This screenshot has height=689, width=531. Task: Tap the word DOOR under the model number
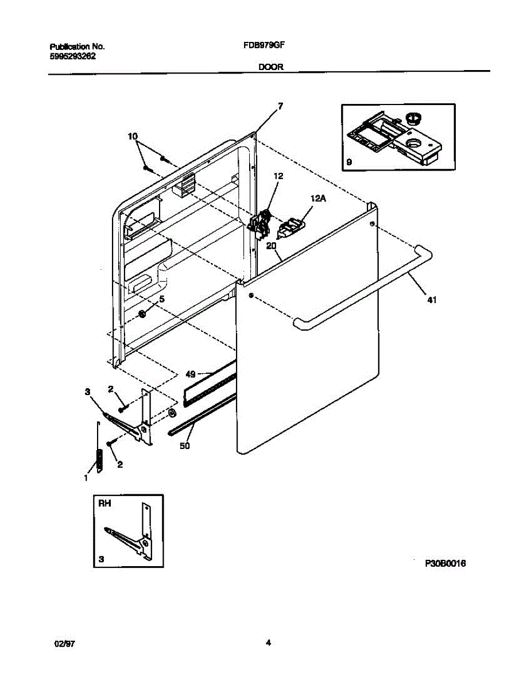[x=270, y=67]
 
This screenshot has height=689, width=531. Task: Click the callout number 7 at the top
[x=280, y=106]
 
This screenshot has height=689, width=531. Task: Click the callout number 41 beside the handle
[x=431, y=299]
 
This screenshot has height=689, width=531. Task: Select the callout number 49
[x=191, y=374]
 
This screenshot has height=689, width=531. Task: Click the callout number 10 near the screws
[x=133, y=136]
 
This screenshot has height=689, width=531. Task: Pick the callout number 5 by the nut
[x=162, y=299]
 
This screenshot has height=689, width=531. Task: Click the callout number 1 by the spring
[x=86, y=477]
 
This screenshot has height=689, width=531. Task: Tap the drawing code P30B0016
[x=445, y=563]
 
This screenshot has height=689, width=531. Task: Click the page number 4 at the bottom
[x=268, y=643]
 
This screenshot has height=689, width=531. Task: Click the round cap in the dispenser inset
[x=412, y=118]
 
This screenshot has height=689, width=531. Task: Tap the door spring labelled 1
[x=100, y=456]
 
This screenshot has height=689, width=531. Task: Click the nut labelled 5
[x=142, y=313]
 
